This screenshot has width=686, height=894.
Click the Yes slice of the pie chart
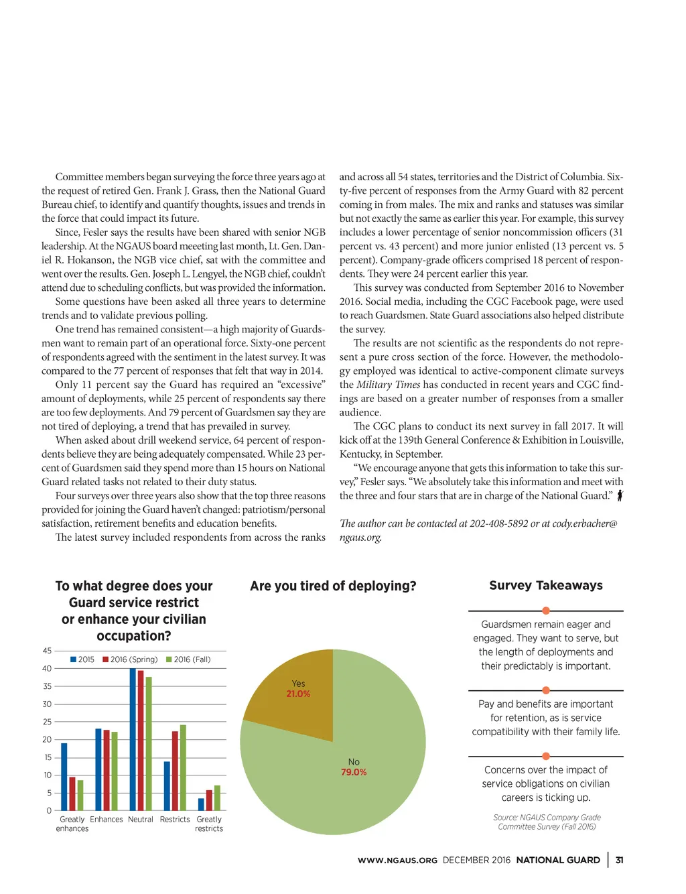(x=288, y=710)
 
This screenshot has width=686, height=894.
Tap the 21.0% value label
(x=298, y=694)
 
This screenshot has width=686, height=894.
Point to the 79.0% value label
(x=354, y=773)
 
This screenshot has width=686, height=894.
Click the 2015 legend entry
(x=82, y=659)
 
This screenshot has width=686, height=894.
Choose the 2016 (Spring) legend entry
(x=130, y=659)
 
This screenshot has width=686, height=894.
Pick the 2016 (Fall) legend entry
(x=188, y=659)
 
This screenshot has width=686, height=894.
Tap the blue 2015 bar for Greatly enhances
(x=64, y=777)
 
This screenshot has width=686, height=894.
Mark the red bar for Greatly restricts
(x=209, y=800)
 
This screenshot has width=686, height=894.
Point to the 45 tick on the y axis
(x=47, y=651)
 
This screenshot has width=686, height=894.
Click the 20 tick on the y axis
(x=47, y=740)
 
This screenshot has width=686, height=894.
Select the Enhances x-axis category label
(x=107, y=820)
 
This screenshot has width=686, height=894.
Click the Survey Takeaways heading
(x=546, y=586)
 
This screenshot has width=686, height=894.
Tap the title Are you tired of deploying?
(x=333, y=586)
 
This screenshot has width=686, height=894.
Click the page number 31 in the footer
(x=620, y=860)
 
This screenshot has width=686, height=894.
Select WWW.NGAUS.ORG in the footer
(x=397, y=860)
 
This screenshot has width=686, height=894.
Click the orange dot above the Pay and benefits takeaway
(x=546, y=690)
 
